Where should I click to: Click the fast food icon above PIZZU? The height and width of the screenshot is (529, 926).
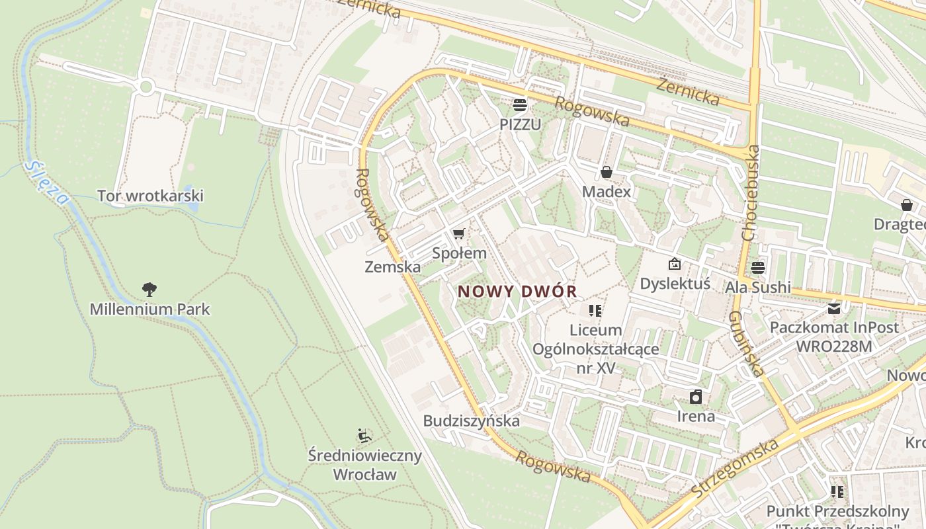click(519, 104)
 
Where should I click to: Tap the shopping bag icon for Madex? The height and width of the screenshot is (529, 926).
click(607, 173)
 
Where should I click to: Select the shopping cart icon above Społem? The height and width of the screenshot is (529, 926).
click(459, 233)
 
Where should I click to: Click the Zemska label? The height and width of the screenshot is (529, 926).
click(392, 267)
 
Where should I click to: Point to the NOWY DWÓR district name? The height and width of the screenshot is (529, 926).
click(517, 291)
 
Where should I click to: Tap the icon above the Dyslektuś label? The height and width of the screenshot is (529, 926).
click(674, 264)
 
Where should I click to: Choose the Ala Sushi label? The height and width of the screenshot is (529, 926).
click(758, 287)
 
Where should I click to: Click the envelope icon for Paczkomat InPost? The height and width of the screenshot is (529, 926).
click(833, 308)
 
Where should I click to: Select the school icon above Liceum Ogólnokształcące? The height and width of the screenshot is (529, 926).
click(595, 310)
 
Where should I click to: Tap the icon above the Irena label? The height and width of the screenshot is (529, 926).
click(696, 397)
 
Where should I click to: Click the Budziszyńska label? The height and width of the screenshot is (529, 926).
click(472, 421)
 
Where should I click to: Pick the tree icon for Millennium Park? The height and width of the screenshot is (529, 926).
click(149, 289)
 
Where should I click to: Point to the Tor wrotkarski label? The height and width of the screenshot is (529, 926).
click(150, 196)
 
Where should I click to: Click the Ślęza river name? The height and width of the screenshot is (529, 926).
click(47, 183)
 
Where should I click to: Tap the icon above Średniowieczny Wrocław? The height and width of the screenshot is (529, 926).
click(364, 436)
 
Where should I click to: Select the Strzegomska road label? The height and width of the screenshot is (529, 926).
click(734, 468)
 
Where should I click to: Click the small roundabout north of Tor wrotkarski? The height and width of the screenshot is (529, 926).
click(146, 87)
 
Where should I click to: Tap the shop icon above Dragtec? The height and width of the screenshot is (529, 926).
click(906, 205)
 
